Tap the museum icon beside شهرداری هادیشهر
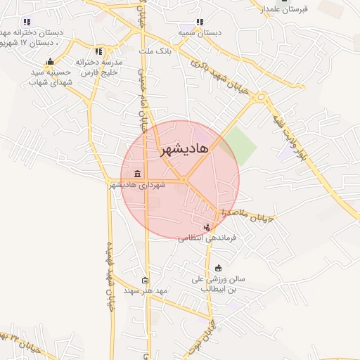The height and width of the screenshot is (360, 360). click(x=136, y=174)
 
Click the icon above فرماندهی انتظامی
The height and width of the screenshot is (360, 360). click(x=207, y=226)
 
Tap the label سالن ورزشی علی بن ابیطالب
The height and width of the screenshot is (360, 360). click(x=214, y=283)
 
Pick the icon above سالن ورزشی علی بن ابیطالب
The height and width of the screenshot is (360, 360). click(x=218, y=268)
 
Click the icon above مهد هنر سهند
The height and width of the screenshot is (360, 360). click(x=145, y=279)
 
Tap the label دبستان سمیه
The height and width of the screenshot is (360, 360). click(x=200, y=32)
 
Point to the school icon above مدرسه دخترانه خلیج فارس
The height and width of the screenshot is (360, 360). click(x=98, y=51)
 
